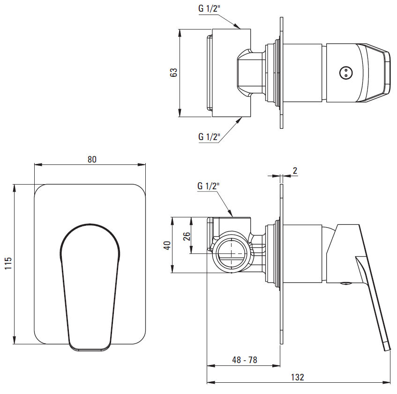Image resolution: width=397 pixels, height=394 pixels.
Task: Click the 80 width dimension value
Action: (92, 159)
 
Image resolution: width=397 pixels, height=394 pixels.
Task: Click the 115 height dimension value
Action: (8, 263)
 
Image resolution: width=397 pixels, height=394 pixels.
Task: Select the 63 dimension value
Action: (174, 73)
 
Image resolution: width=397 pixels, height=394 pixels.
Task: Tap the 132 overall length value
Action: (298, 377)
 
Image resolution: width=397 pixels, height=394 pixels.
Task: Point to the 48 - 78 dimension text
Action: (245, 360)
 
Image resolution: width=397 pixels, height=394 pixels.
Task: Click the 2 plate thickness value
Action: (295, 171)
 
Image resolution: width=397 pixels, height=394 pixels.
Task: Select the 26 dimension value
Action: (187, 236)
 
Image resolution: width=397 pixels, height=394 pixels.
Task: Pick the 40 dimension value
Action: (167, 245)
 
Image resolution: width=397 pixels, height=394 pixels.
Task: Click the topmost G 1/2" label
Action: (209, 9)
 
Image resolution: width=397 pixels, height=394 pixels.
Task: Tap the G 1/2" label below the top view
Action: (209, 137)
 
